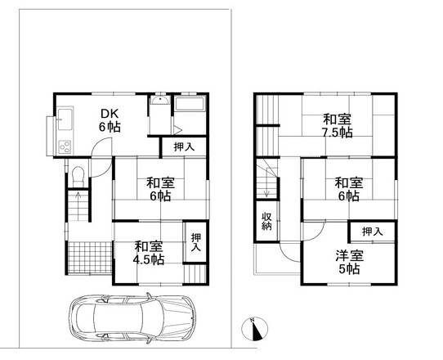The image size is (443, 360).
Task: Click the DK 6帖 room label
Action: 110,120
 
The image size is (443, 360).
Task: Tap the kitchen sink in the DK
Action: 65,119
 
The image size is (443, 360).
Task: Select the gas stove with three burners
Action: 65,146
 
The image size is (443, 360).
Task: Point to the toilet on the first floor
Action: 78,176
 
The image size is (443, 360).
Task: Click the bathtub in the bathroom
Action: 190,103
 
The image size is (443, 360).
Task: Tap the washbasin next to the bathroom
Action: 160,101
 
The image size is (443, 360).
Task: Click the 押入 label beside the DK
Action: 184,146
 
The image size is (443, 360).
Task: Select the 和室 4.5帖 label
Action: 149,253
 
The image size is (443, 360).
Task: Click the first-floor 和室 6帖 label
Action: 160,189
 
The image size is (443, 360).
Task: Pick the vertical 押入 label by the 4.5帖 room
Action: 196,242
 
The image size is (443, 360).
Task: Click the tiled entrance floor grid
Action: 90,257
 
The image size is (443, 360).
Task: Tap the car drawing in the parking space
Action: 132,318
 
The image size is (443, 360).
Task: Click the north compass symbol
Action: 254,329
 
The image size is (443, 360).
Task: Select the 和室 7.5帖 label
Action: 338,125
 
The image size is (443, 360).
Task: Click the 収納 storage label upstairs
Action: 266,221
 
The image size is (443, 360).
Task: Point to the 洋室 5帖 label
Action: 350,262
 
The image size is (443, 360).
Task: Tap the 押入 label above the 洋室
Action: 373,232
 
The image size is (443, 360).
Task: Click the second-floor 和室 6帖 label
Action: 349,189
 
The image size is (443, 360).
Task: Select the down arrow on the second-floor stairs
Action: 266,188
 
